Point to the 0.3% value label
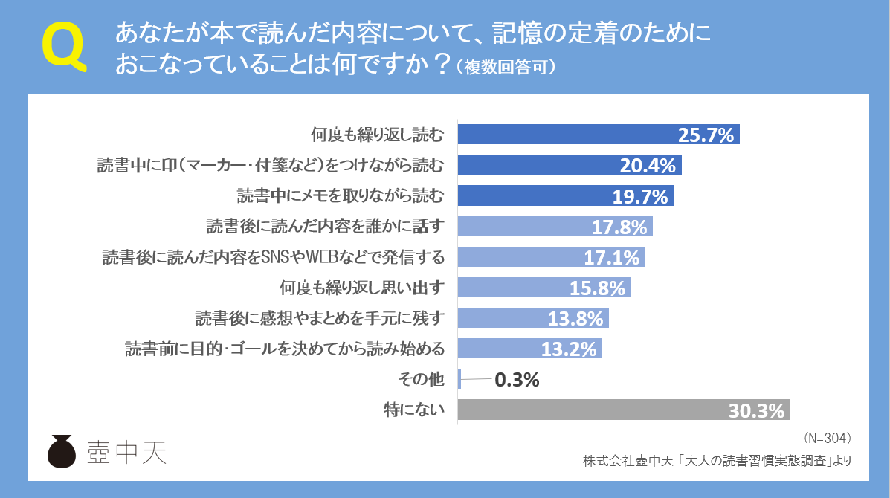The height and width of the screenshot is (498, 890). click(516, 380)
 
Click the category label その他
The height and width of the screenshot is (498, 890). click(422, 380)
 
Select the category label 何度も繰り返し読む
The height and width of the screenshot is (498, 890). click(377, 135)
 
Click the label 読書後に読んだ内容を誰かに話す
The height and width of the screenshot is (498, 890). click(325, 227)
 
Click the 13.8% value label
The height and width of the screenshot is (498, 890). click(575, 319)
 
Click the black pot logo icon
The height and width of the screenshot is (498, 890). click(62, 451)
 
